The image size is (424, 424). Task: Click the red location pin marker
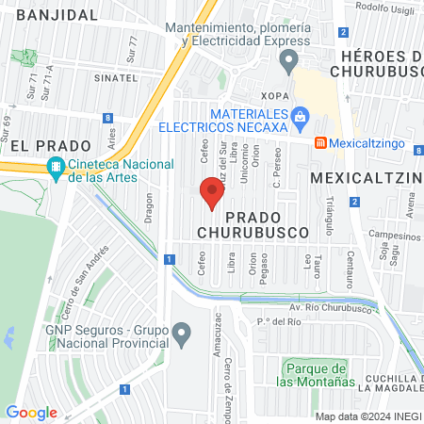coord(212,193)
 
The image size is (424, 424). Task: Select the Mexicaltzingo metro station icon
coord(320,143)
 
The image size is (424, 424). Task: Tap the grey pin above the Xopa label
coord(287,61)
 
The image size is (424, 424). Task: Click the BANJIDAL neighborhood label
coord(57,15)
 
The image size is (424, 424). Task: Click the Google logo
coord(31,412)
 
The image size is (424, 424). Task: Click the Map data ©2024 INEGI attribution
coord(367,416)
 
